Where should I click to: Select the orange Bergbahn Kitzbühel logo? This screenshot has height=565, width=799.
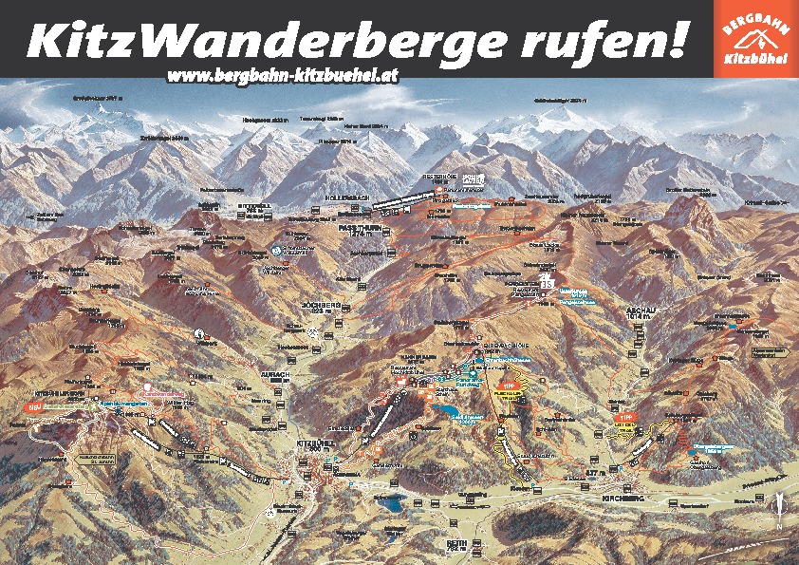pos(755,38)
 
